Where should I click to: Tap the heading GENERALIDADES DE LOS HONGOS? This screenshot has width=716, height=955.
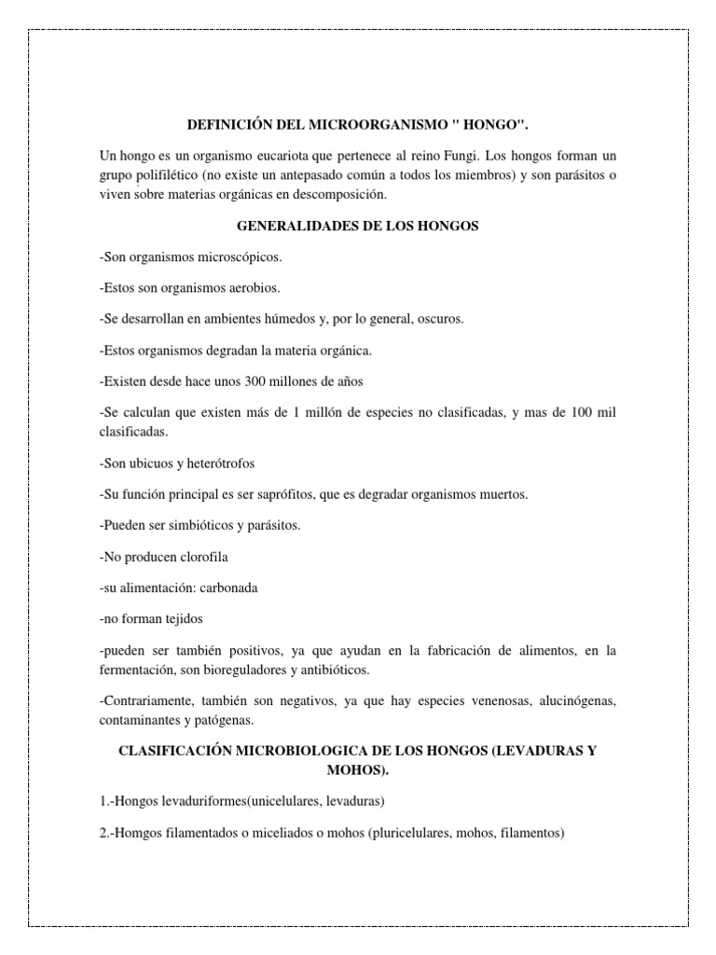pyautogui.click(x=357, y=227)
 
